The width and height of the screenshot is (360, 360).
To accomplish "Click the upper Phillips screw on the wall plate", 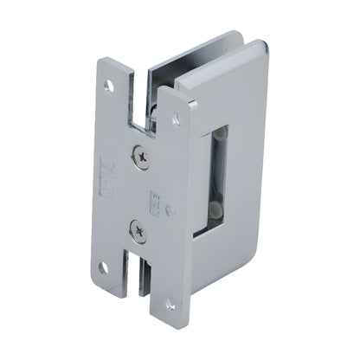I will (x=139, y=156).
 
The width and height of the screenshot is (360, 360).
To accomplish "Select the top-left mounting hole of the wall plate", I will (x=109, y=86).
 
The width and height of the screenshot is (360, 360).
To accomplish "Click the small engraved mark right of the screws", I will (x=157, y=202).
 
